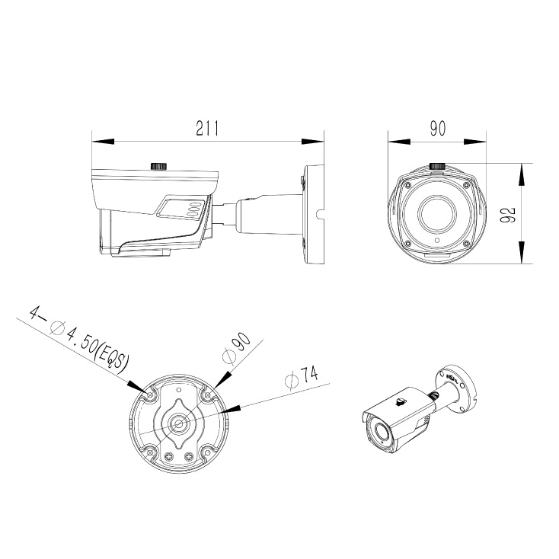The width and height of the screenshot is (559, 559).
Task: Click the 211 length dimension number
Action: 207,129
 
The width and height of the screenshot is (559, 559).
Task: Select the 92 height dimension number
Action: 508,215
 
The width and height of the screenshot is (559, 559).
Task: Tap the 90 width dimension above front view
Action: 437,129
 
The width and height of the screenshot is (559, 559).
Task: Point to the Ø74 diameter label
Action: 302,377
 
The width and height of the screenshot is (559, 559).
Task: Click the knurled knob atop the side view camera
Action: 159,166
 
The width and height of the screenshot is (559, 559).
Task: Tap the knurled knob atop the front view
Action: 437,166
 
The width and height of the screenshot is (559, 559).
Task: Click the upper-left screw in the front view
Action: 407,185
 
